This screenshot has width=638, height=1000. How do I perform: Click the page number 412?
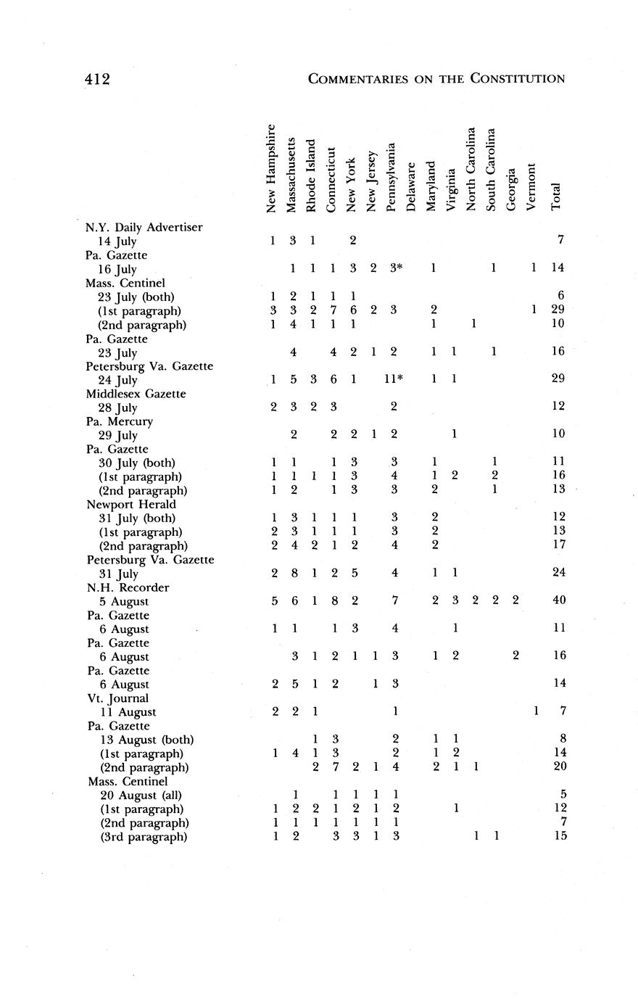pos(96,78)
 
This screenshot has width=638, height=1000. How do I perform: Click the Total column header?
pos(556,197)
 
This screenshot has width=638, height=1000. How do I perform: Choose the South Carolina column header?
pos(492,170)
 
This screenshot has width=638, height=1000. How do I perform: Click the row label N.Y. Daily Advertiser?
pos(144,227)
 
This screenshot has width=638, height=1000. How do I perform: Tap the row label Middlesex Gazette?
pos(137,394)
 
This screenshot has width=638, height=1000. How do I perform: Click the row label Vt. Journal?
pos(118,698)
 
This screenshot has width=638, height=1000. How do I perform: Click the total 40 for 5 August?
pos(557,600)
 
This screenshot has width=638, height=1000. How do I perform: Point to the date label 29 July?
pos(117,435)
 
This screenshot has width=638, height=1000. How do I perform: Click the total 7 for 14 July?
pos(560,240)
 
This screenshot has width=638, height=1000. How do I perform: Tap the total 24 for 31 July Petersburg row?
pos(557,573)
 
